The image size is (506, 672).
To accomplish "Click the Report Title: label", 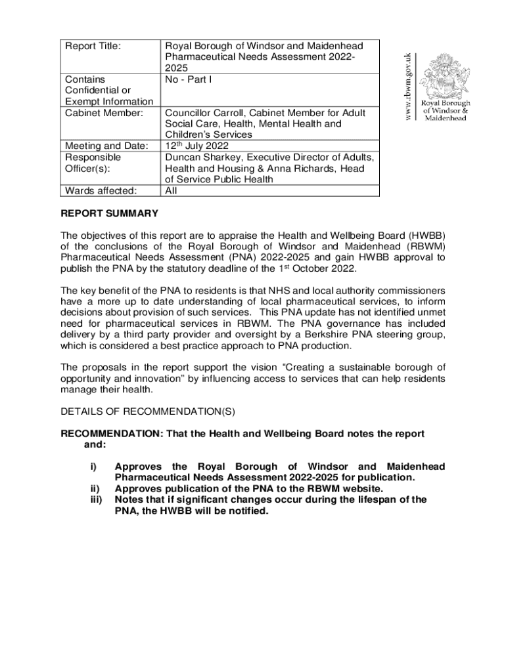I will [x=95, y=47].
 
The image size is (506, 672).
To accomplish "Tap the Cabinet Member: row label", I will [x=104, y=113].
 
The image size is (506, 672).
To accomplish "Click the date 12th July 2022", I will [x=196, y=146].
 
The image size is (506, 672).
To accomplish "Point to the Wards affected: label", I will [x=101, y=191].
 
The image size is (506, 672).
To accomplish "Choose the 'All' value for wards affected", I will [x=172, y=191].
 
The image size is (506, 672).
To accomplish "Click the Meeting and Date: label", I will [x=106, y=146].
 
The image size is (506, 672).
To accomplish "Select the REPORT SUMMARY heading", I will [x=109, y=213].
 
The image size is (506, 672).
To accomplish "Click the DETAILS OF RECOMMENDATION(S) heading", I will [x=149, y=411].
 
